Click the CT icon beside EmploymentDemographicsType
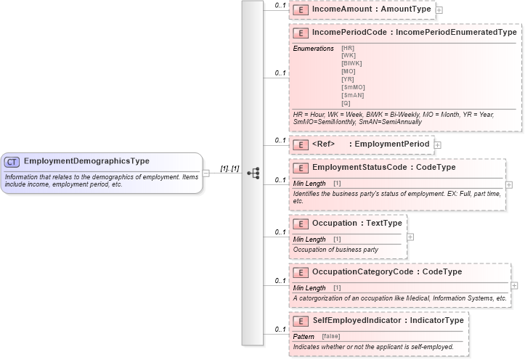point(12,161)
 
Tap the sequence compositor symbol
point(253,173)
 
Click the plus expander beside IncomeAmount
point(439,10)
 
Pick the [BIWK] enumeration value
point(351,62)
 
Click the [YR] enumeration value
point(348,80)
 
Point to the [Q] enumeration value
point(346,103)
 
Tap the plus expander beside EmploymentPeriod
point(437,145)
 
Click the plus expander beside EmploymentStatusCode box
point(508,185)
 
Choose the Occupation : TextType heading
point(357,224)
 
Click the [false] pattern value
point(331,337)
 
